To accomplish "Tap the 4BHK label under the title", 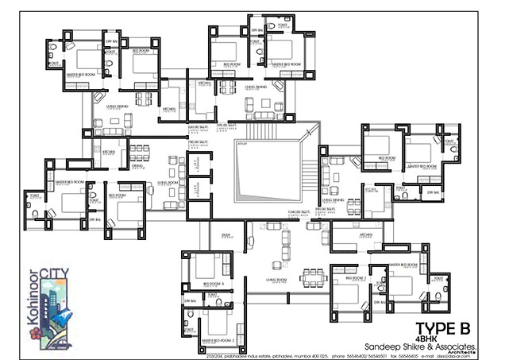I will pyautogui.click(x=426, y=339).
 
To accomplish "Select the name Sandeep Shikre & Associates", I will pyautogui.click(x=420, y=346).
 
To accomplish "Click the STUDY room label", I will pyautogui.click(x=226, y=235).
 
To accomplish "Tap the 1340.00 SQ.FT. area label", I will pyautogui.click(x=299, y=212).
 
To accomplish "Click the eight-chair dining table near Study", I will pyautogui.click(x=312, y=277).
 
